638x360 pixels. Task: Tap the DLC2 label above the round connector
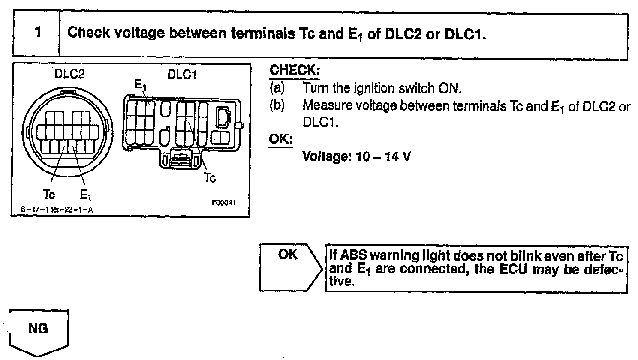pyautogui.click(x=69, y=74)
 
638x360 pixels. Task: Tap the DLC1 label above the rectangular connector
pyautogui.click(x=182, y=74)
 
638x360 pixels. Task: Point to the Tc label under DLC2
pyautogui.click(x=49, y=195)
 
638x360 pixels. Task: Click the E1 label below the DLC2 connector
pyautogui.click(x=85, y=195)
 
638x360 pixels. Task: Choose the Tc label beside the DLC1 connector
pyautogui.click(x=210, y=177)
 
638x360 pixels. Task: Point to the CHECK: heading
pyautogui.click(x=295, y=71)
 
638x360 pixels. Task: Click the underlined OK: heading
pyautogui.click(x=280, y=140)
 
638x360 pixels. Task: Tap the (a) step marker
pyautogui.click(x=277, y=88)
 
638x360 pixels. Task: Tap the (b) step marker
pyautogui.click(x=277, y=105)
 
